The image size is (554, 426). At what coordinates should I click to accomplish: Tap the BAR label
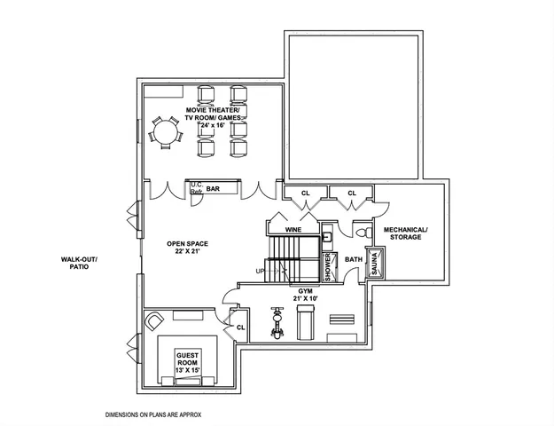coord(213,189)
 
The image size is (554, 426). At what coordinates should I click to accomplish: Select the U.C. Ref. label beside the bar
coord(196,188)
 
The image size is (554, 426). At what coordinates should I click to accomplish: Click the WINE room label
coord(293,230)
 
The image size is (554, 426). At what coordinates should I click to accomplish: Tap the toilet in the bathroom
coord(361,232)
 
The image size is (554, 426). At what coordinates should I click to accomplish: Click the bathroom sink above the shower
coord(327,236)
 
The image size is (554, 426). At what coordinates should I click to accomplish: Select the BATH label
coord(353,260)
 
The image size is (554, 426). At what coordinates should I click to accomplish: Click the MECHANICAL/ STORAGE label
coord(406,233)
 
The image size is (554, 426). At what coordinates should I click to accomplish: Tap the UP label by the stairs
coord(260,271)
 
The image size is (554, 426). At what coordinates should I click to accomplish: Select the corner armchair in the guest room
coord(155,320)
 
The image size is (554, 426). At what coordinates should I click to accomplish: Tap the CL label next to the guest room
coord(240,327)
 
